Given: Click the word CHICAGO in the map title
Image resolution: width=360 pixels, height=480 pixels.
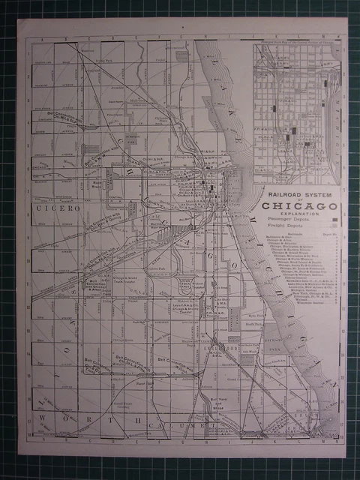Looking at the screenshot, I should coord(299,206).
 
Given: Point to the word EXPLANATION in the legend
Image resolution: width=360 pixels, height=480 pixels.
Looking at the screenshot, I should coord(298,214).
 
